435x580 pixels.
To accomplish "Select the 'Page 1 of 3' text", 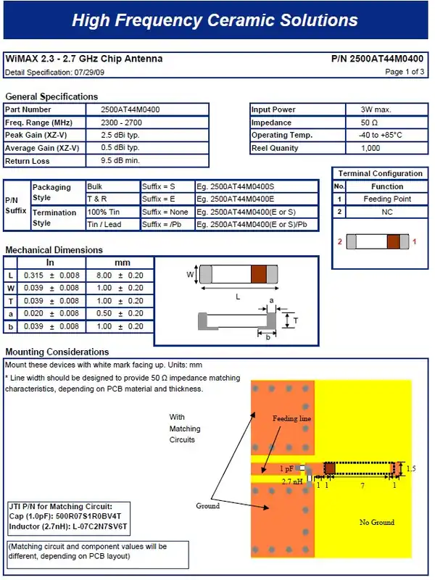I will [x=405, y=72].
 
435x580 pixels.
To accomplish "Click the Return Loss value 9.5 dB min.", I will [x=120, y=160].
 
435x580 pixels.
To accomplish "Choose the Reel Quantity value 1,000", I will [x=370, y=148].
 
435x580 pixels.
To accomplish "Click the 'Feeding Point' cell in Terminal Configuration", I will [x=387, y=199].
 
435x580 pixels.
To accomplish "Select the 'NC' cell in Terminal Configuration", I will [x=387, y=212].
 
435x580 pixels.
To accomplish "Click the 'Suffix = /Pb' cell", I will [x=161, y=224].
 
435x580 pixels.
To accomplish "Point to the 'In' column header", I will [x=50, y=262].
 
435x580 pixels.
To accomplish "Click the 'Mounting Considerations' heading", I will [x=57, y=352].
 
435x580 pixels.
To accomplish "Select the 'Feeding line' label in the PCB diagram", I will [x=291, y=419].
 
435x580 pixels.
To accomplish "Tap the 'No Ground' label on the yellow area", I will [x=377, y=522].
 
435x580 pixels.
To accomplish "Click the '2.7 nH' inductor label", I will [x=291, y=481].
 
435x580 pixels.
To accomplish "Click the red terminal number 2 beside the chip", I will [x=340, y=241].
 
